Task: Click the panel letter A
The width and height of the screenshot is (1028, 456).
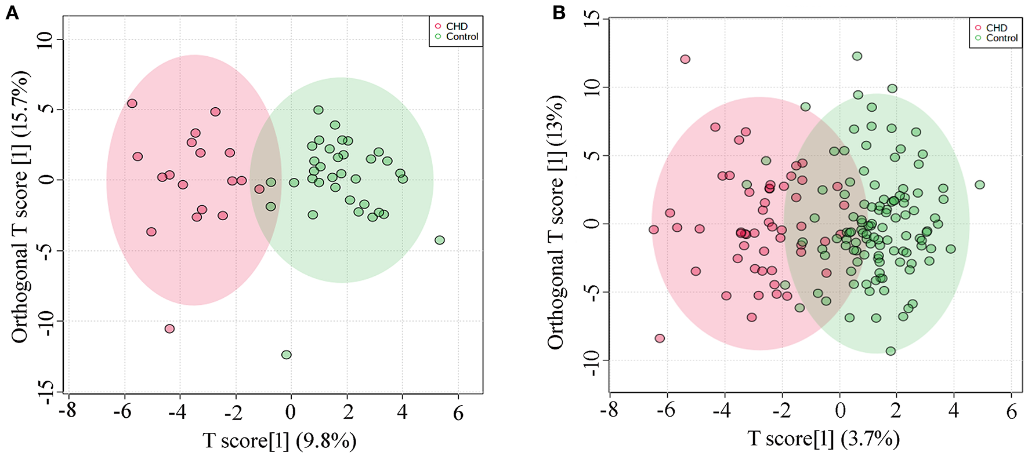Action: click(x=12, y=12)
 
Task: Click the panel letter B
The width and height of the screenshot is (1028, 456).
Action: click(x=559, y=12)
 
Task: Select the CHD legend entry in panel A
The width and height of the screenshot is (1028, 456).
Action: click(x=456, y=27)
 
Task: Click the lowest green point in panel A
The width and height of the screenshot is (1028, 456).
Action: click(x=286, y=355)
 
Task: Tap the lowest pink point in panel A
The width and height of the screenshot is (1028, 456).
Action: click(x=169, y=329)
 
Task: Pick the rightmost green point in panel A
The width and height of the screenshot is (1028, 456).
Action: click(x=440, y=240)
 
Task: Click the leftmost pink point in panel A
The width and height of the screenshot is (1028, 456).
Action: click(x=132, y=104)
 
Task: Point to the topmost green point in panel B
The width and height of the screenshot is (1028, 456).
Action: click(x=857, y=56)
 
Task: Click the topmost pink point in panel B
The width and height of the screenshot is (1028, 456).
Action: click(x=685, y=59)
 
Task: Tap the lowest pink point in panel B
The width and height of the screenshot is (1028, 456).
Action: click(x=660, y=338)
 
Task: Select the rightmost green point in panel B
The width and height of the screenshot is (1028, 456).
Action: click(x=980, y=185)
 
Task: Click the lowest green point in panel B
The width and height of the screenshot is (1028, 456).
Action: click(x=891, y=351)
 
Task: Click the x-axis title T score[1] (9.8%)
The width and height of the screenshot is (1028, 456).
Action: click(x=280, y=441)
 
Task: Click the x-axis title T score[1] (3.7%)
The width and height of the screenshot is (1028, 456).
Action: click(x=824, y=439)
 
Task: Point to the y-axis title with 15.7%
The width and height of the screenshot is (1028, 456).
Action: click(x=20, y=207)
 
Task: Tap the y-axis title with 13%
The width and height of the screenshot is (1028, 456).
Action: click(x=555, y=222)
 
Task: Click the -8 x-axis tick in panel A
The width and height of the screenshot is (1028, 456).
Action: click(x=68, y=412)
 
